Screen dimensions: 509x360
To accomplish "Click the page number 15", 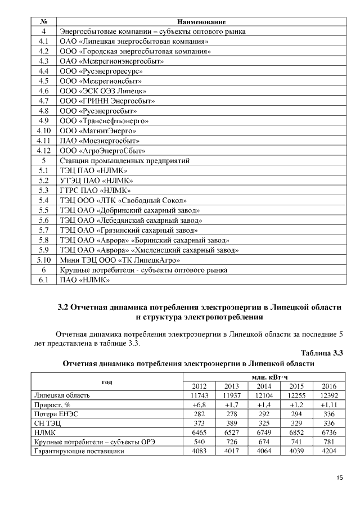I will click(x=339, y=478).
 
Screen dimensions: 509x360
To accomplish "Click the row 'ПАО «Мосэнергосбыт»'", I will click(x=100, y=141).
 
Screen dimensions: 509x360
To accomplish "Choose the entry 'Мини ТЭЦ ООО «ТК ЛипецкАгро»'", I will click(x=120, y=260).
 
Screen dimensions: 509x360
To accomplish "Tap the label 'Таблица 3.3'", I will click(x=322, y=353).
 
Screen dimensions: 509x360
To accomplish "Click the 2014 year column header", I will click(x=264, y=386).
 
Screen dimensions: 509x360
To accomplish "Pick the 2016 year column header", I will click(x=329, y=386).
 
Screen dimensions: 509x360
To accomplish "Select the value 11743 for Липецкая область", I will click(x=200, y=395).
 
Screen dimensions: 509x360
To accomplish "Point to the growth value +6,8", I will click(x=200, y=404).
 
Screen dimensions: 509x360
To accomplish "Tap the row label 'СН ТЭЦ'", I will click(x=47, y=423).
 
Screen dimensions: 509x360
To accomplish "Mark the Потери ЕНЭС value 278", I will click(x=232, y=413).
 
